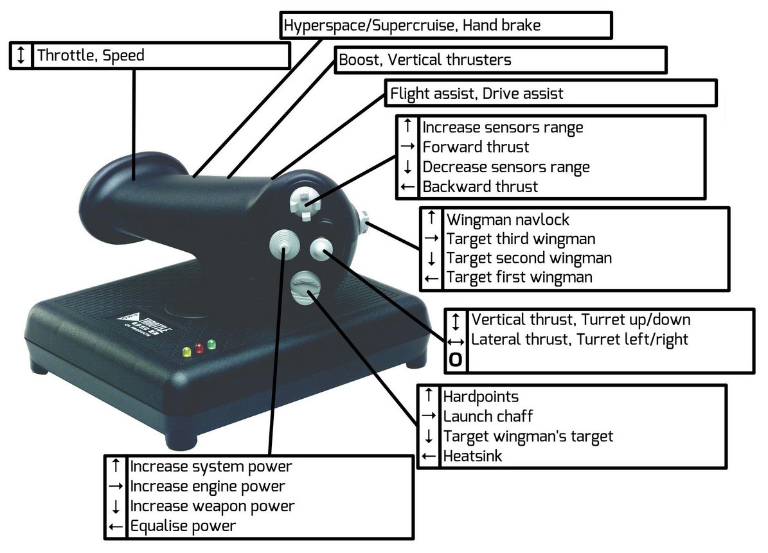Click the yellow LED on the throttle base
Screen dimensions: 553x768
pos(187,352)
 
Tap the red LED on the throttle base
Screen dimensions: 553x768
pos(199,348)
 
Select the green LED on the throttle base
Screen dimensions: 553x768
pos(211,345)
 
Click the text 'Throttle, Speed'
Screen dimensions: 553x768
pos(91,55)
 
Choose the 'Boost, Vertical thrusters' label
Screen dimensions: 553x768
pos(425,60)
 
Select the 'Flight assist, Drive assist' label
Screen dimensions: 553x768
pos(477,94)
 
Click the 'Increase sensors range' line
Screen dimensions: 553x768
pos(503,127)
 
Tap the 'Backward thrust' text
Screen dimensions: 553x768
pos(480,187)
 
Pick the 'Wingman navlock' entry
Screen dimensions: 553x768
pos(508,220)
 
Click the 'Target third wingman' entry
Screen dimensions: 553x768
pos(521,239)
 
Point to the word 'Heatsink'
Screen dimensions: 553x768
pos(472,456)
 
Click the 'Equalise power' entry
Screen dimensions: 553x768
pos(183,526)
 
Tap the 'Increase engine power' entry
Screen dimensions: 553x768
pos(207,486)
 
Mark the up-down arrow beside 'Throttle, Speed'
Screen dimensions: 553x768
pos(21,55)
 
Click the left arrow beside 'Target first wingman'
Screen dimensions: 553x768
pos(432,278)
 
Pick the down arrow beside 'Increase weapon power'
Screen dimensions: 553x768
pos(116,507)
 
